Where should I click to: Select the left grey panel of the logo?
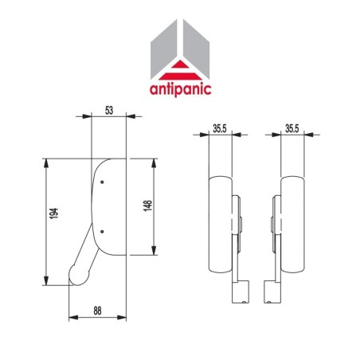pyautogui.click(x=164, y=48)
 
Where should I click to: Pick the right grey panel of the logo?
pyautogui.click(x=195, y=48)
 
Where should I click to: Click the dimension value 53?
pyautogui.click(x=109, y=110)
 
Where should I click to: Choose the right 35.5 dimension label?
pyautogui.click(x=292, y=127)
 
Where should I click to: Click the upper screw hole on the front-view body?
pyautogui.click(x=102, y=182)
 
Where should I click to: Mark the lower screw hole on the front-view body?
pyautogui.click(x=102, y=232)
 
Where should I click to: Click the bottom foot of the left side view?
pyautogui.click(x=237, y=296)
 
